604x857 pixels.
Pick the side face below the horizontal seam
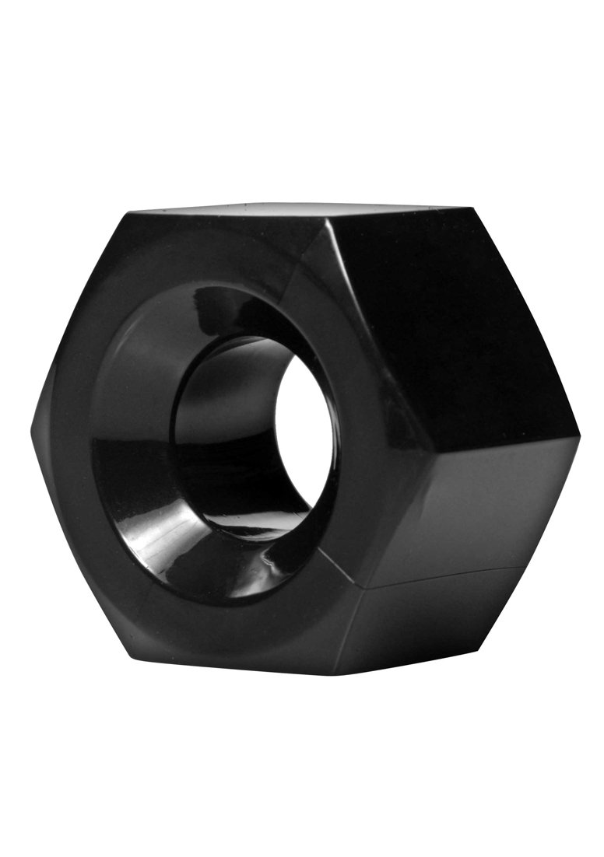pos(459,622)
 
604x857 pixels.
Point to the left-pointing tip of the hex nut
pos(33,428)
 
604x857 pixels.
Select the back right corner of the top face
pos(471,208)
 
